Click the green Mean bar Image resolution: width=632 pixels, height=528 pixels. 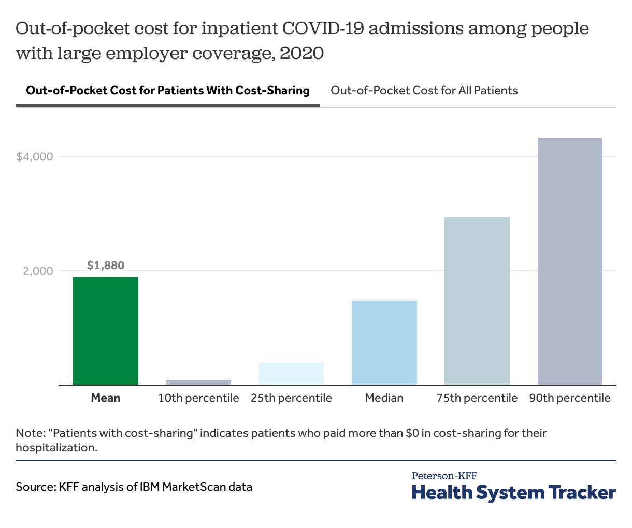[106, 331]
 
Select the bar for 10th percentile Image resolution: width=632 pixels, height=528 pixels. [198, 383]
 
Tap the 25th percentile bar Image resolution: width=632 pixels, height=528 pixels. [291, 374]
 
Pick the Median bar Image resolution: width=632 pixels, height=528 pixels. [384, 343]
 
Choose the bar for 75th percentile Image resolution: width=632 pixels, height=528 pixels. [477, 301]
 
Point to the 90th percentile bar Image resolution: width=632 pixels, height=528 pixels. [570, 261]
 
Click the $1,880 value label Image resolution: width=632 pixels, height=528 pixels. [106, 266]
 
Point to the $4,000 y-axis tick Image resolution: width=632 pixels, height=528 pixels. [35, 156]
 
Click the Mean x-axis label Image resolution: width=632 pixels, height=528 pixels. [106, 398]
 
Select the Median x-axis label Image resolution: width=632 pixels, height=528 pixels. [384, 398]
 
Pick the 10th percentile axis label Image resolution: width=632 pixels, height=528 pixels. [198, 398]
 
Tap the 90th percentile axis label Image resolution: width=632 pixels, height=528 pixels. [570, 398]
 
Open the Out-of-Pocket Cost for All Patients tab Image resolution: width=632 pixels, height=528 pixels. [424, 91]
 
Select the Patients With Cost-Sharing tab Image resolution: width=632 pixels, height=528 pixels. [168, 91]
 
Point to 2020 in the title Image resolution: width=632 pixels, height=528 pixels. [301, 53]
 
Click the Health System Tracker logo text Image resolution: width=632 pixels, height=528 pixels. [514, 492]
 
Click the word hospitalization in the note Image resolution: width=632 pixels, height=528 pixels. [56, 447]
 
